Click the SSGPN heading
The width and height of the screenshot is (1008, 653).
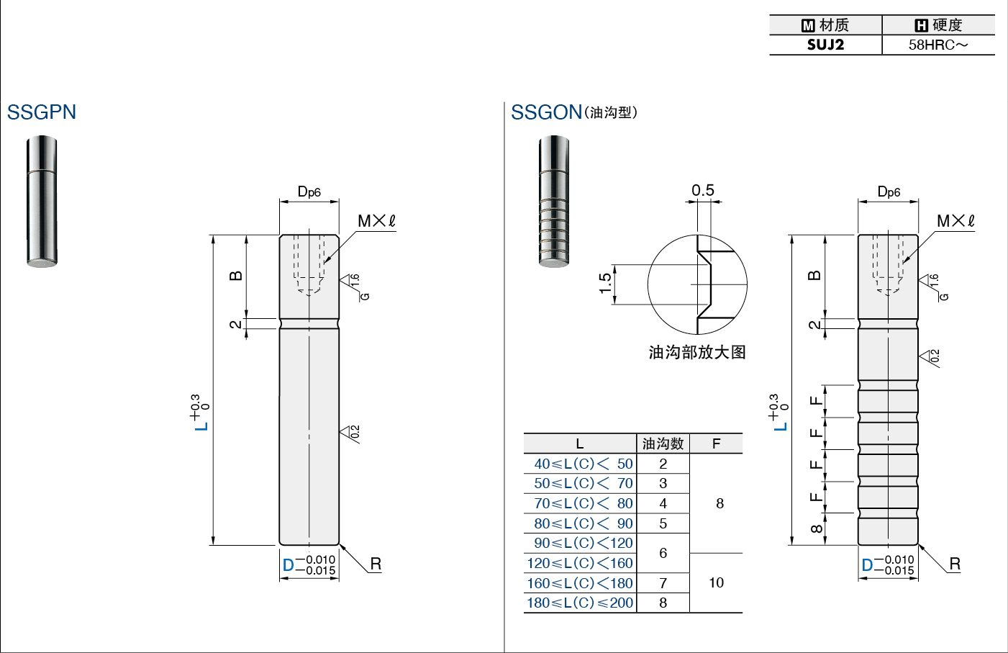tap(42, 112)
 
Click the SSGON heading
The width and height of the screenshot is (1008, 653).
tap(546, 112)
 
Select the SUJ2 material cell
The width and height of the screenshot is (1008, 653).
tap(825, 45)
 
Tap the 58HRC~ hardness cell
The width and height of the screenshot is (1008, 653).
tap(938, 45)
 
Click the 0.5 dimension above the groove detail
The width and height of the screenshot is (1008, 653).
tap(703, 190)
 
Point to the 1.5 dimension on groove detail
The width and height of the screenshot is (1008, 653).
tap(606, 283)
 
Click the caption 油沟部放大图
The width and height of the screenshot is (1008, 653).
tap(697, 352)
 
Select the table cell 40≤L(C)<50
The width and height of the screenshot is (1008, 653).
tap(584, 464)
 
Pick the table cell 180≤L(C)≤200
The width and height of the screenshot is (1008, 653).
tap(580, 603)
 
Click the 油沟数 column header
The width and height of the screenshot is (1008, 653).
tap(663, 444)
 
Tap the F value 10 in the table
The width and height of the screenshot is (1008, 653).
tap(717, 582)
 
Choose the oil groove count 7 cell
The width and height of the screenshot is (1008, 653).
tap(663, 583)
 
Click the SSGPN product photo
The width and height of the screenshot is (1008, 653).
tap(42, 202)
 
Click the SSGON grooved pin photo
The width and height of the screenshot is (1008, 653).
tap(554, 202)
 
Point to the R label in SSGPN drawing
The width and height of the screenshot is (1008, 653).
tap(376, 564)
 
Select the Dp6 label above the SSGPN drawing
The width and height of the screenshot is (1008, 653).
tap(309, 192)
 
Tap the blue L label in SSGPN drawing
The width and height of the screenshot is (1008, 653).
tap(201, 425)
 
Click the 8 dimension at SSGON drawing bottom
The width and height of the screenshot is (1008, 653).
tap(816, 528)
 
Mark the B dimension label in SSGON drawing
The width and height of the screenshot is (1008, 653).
tap(815, 276)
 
